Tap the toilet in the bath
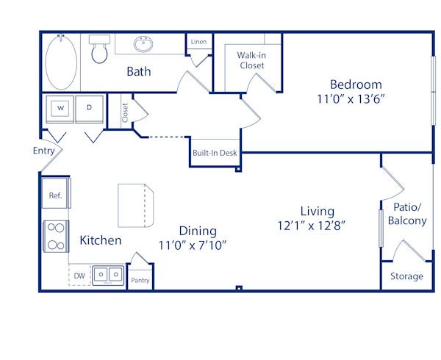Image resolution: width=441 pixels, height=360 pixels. (x=98, y=50)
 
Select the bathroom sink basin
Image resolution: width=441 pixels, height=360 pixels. (x=144, y=45)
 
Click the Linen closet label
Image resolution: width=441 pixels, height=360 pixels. (x=198, y=43)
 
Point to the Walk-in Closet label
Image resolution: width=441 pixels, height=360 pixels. (x=251, y=60)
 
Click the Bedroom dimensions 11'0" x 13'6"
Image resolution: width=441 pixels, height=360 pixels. (x=355, y=99)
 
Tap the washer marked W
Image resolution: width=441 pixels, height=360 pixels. (x=61, y=108)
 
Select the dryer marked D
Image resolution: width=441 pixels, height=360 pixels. (x=90, y=108)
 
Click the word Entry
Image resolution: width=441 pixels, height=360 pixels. (x=44, y=151)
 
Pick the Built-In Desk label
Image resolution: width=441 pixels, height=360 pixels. (x=214, y=154)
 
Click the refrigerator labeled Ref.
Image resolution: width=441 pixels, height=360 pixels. (x=55, y=195)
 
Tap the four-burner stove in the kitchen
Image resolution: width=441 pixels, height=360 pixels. (x=55, y=237)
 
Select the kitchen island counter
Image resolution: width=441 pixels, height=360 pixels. (x=137, y=206)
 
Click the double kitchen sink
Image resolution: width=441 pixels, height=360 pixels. (x=108, y=276)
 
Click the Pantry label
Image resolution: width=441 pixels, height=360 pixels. (x=140, y=281)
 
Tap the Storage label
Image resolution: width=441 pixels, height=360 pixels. (x=406, y=276)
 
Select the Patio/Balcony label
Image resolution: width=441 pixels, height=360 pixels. (x=406, y=214)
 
